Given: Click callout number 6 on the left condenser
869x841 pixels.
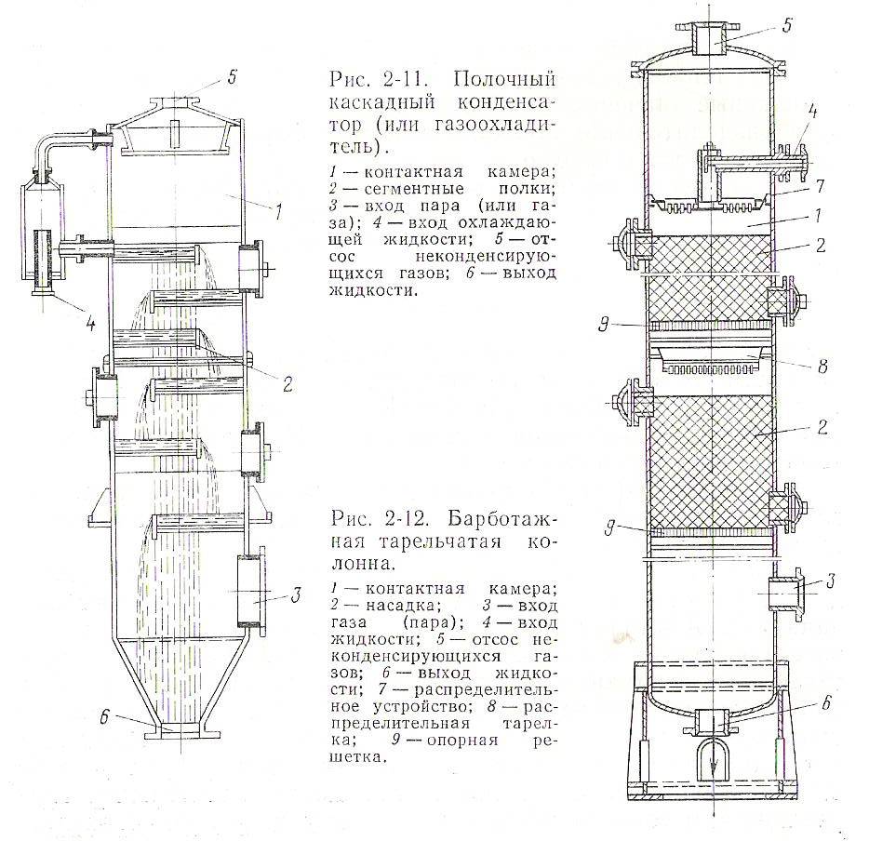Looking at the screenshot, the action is pyautogui.click(x=105, y=717).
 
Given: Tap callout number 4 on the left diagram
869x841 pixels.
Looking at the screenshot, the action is pyautogui.click(x=90, y=323).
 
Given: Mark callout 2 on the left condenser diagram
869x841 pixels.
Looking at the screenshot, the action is pyautogui.click(x=287, y=384).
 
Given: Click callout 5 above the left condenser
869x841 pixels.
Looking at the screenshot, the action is pyautogui.click(x=232, y=76).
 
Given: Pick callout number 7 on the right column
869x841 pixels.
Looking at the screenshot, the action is pyautogui.click(x=820, y=186).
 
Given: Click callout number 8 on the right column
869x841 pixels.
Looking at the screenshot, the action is pyautogui.click(x=822, y=366).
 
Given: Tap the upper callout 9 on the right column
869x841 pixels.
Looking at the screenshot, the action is pyautogui.click(x=604, y=324).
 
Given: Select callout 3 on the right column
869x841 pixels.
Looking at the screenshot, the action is pyautogui.click(x=830, y=581).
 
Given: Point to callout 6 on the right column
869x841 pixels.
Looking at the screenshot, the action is pyautogui.click(x=826, y=703).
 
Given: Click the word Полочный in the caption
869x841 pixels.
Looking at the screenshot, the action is pyautogui.click(x=504, y=80).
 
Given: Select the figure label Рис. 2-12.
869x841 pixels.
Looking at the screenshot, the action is pyautogui.click(x=381, y=518).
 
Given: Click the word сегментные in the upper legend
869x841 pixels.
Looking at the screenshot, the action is pyautogui.click(x=413, y=189).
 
